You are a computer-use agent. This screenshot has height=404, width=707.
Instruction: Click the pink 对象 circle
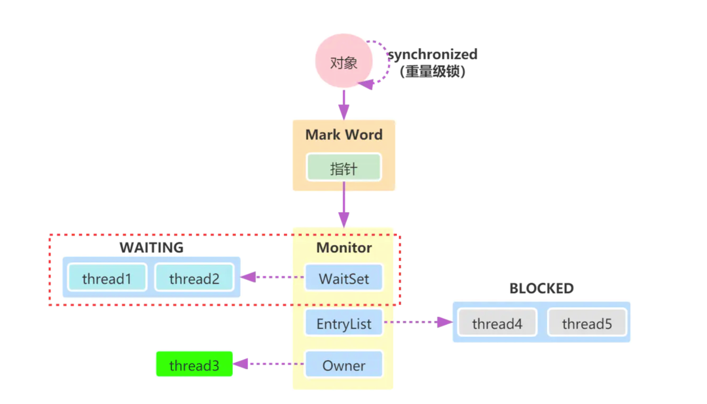tap(344, 61)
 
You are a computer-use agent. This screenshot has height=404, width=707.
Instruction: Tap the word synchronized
tap(433, 54)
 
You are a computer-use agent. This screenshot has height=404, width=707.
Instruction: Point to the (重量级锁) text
tap(433, 72)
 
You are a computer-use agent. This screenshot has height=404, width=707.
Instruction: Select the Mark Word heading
tap(344, 135)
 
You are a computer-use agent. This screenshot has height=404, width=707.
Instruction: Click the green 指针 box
tap(344, 168)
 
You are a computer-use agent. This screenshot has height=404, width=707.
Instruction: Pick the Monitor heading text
tap(344, 248)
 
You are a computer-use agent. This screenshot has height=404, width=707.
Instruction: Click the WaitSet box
tap(344, 278)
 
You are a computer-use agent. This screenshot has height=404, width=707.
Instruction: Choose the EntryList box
tap(344, 323)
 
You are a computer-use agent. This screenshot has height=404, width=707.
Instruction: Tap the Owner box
tap(344, 365)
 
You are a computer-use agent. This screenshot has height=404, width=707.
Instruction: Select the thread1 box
tap(107, 278)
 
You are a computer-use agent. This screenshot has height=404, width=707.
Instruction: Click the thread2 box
tap(194, 278)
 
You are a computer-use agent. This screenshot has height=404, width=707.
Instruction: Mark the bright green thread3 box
tap(194, 365)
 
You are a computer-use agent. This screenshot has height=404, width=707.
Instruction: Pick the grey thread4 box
tap(497, 323)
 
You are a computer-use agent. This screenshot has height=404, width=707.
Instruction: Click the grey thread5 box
tap(587, 323)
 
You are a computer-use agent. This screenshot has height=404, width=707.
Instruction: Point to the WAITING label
tap(151, 248)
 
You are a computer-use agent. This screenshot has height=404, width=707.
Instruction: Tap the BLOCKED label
tap(541, 289)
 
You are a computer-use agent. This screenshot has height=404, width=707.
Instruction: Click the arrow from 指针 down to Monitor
tap(344, 204)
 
